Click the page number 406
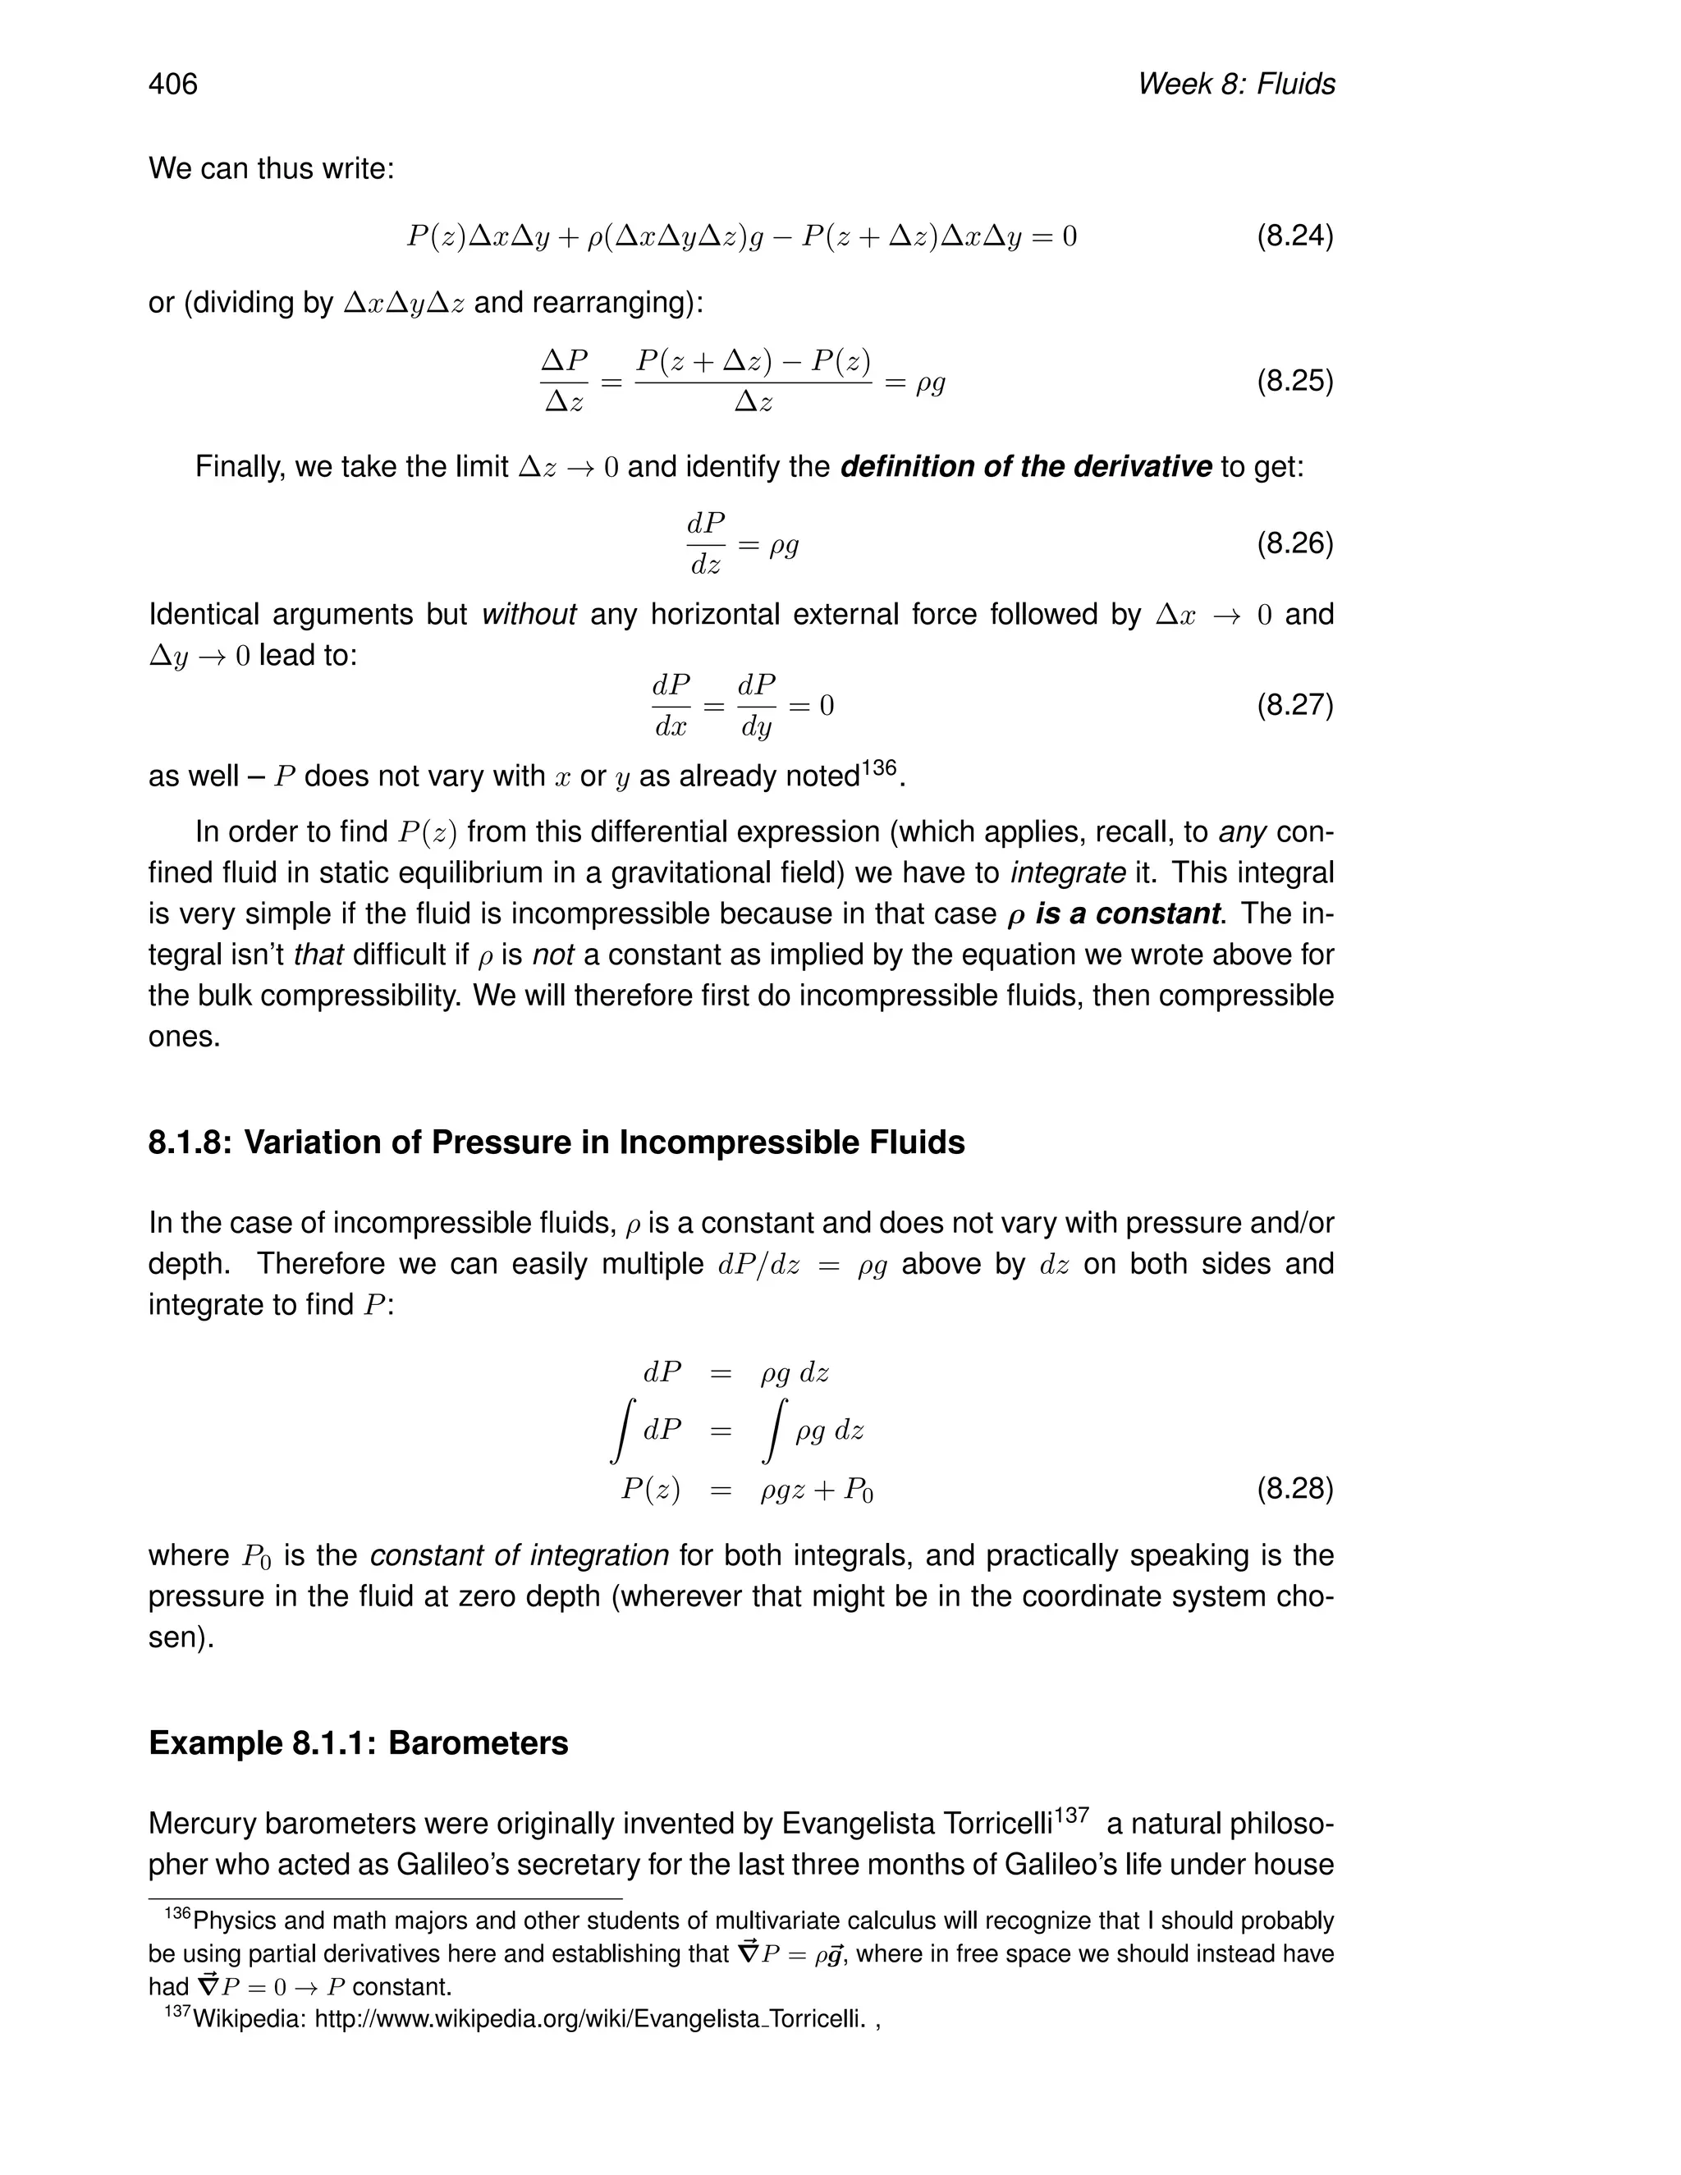click(173, 84)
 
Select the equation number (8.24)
click(1294, 236)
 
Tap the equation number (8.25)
click(1294, 382)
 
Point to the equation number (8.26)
click(1294, 543)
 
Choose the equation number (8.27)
click(1294, 705)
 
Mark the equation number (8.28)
click(1294, 1489)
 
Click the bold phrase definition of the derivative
click(1026, 466)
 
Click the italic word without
click(529, 615)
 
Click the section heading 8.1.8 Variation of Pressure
click(556, 1142)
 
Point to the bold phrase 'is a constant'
click(1127, 914)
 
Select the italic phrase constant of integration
click(519, 1555)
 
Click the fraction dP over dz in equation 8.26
click(706, 543)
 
